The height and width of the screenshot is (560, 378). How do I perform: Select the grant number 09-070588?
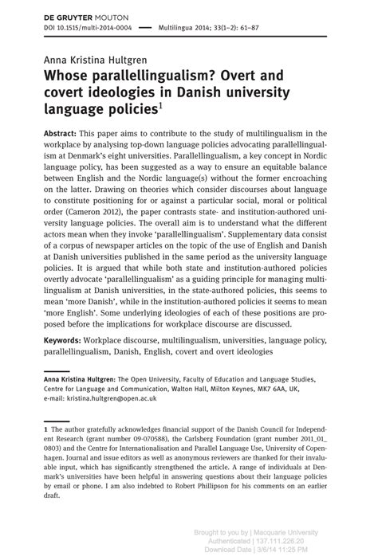click(111, 441)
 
